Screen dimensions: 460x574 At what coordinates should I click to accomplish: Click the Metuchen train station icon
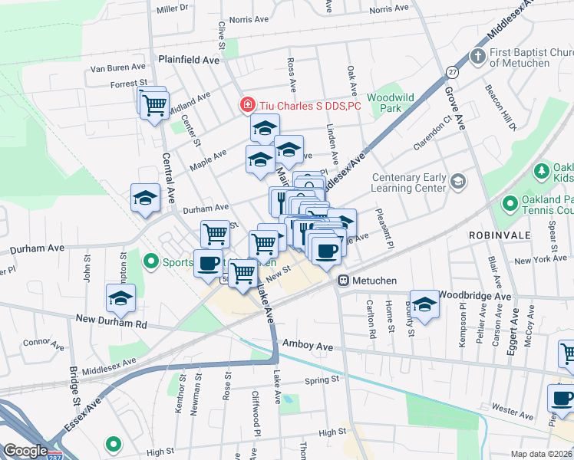tap(345, 281)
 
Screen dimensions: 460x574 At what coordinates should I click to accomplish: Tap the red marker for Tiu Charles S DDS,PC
tap(248, 105)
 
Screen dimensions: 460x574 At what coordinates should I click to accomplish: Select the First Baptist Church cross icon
tap(477, 57)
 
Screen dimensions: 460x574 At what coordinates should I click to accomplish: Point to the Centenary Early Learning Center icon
tap(458, 182)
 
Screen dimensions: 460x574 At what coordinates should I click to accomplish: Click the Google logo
tap(25, 451)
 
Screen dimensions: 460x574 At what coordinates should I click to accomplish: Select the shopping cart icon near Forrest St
tap(154, 105)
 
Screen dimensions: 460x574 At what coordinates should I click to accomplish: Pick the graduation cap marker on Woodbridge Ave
tap(424, 304)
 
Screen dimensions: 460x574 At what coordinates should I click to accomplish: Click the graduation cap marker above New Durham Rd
tap(120, 298)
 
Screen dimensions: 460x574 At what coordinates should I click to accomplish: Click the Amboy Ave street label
tap(308, 347)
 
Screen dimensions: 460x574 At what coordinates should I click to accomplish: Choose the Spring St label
tap(322, 379)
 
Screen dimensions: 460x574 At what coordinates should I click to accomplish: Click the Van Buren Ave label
tap(117, 67)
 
